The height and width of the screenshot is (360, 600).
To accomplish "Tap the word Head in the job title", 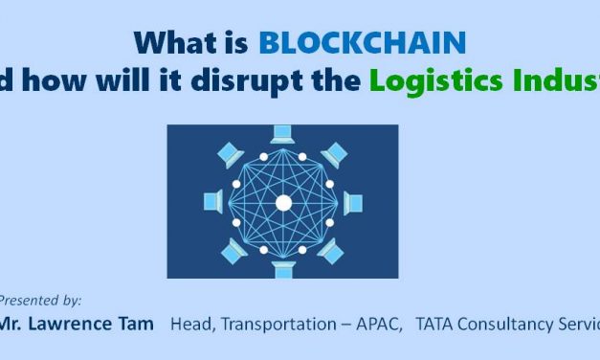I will [191, 325].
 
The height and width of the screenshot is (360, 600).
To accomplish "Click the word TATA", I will [436, 325].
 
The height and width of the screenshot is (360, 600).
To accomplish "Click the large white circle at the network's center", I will [283, 202].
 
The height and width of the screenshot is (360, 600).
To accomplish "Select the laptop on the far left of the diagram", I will [214, 202].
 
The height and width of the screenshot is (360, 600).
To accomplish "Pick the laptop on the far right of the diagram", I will [352, 202].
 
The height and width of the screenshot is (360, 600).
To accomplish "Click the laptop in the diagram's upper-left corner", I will [231, 152].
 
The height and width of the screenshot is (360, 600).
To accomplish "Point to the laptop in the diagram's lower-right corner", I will [335, 251].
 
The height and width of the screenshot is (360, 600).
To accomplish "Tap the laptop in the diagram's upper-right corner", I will [335, 152].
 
